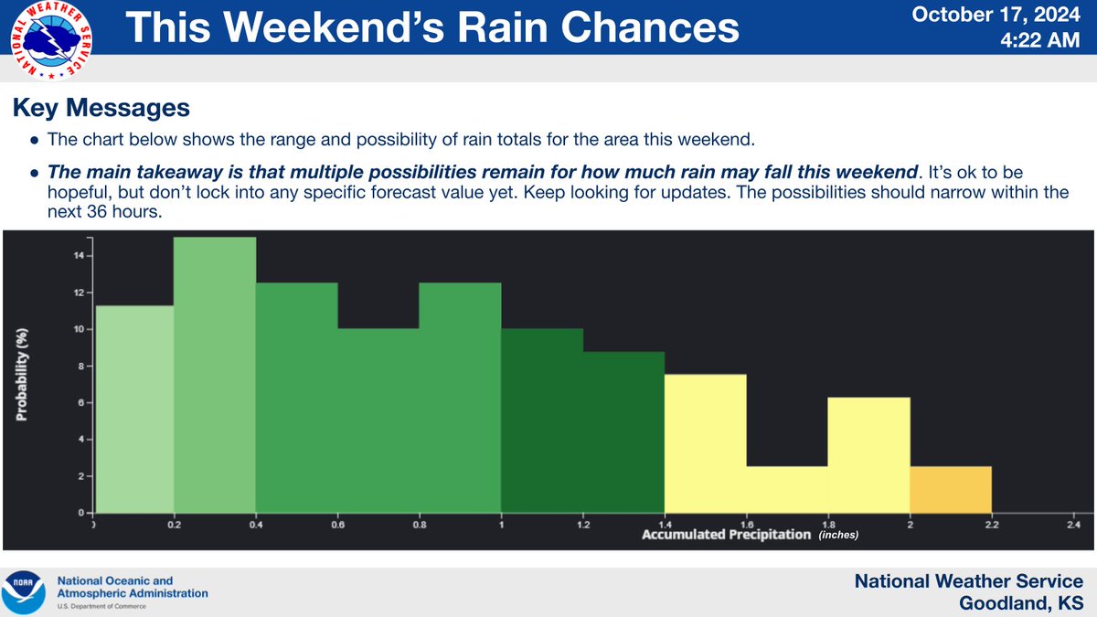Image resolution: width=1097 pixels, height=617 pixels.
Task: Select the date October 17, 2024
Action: click(1016, 16)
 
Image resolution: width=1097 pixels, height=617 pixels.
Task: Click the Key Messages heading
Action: click(101, 109)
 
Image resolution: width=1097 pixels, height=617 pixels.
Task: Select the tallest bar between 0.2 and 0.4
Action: click(215, 375)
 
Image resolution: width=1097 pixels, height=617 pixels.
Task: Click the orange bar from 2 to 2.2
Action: click(951, 490)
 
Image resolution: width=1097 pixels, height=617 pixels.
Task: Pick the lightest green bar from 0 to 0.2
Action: click(133, 409)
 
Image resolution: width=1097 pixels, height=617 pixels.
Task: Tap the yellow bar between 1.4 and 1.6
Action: click(705, 443)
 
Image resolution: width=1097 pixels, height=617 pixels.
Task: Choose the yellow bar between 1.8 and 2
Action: click(868, 455)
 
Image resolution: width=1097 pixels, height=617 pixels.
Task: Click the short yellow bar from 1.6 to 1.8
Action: click(787, 490)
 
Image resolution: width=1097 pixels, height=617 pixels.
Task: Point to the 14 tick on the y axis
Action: click(79, 256)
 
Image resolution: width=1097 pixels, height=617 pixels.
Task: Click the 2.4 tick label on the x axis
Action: click(1073, 525)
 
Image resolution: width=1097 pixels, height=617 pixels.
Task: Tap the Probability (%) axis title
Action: click(21, 375)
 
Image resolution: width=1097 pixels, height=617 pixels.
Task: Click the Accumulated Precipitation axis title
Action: click(726, 534)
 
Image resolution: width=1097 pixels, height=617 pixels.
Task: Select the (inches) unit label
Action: click(838, 535)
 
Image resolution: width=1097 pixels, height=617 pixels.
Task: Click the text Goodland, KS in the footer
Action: click(1021, 604)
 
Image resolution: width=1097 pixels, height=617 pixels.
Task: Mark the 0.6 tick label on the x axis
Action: click(337, 525)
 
